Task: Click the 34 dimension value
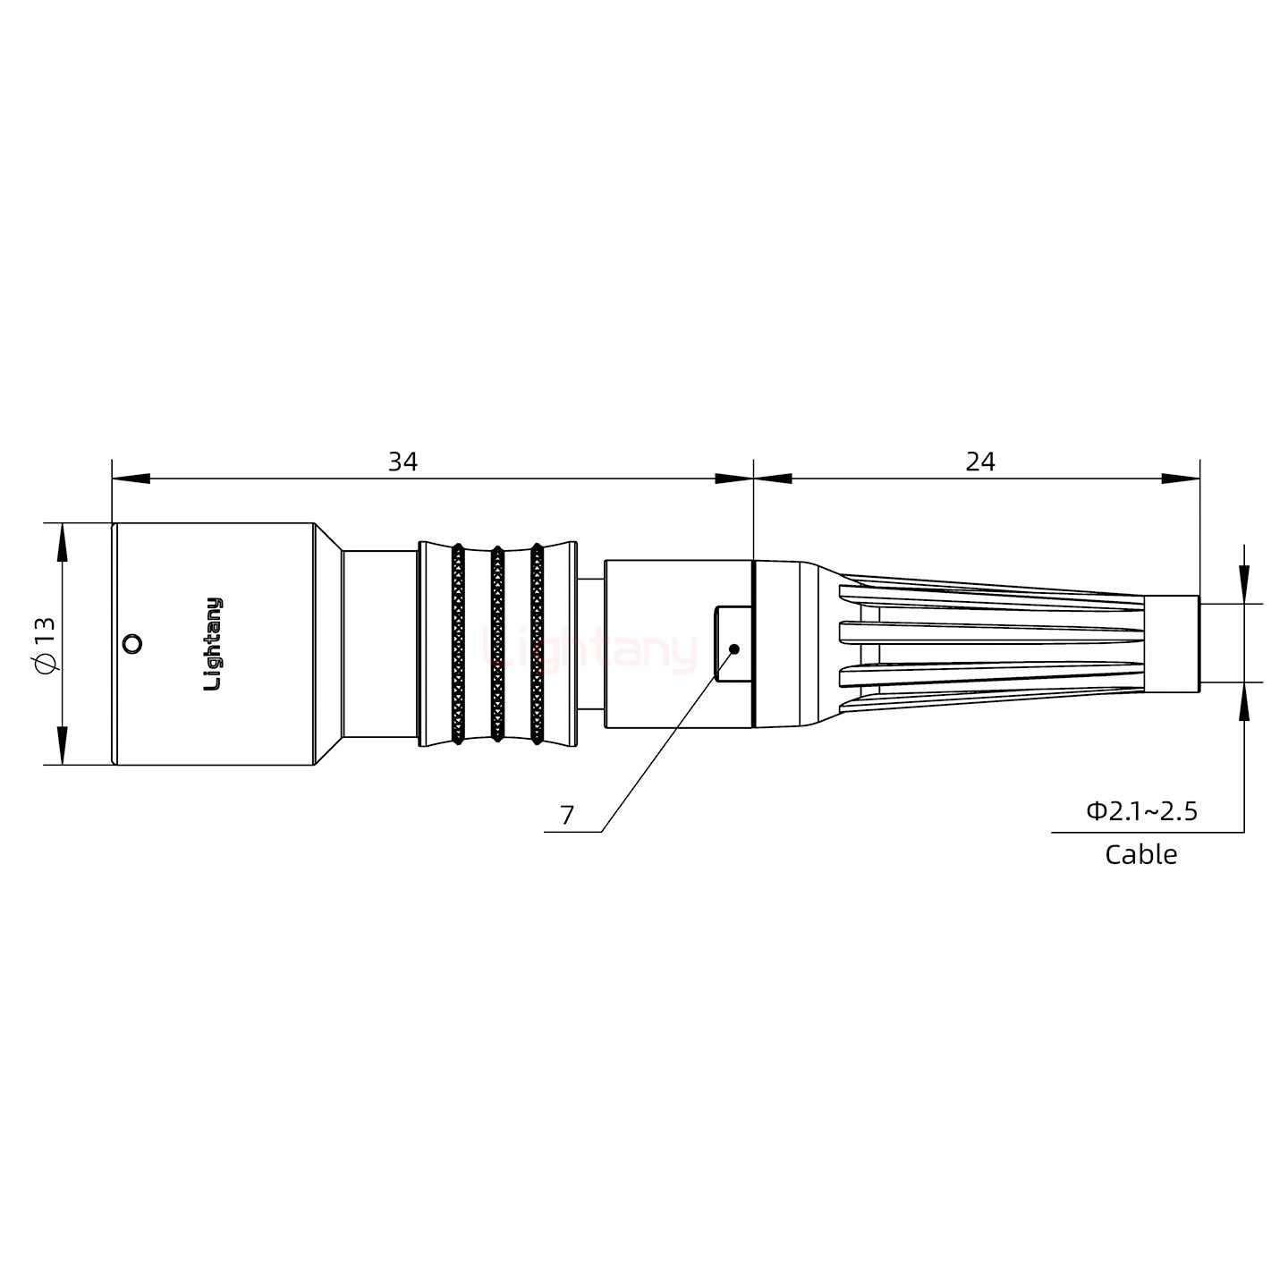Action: [x=402, y=462]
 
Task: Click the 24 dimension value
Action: [x=980, y=462]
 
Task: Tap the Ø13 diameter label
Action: [x=45, y=644]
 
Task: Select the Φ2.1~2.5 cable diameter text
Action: [x=1142, y=811]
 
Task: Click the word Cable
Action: [x=1140, y=854]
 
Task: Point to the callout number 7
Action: [x=567, y=815]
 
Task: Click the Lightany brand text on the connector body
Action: [x=214, y=644]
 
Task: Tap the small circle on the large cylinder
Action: [x=131, y=643]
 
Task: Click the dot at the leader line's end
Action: [x=734, y=648]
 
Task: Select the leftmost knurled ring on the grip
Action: [x=457, y=644]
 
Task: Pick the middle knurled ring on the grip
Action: [x=497, y=644]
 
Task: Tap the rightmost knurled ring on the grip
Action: [x=537, y=644]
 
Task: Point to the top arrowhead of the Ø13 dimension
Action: [x=62, y=540]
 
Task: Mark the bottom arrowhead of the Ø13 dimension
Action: [x=62, y=747]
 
